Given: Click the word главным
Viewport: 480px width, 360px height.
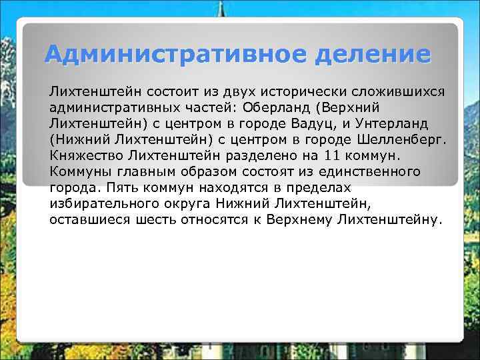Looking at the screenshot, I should tap(135, 172).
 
